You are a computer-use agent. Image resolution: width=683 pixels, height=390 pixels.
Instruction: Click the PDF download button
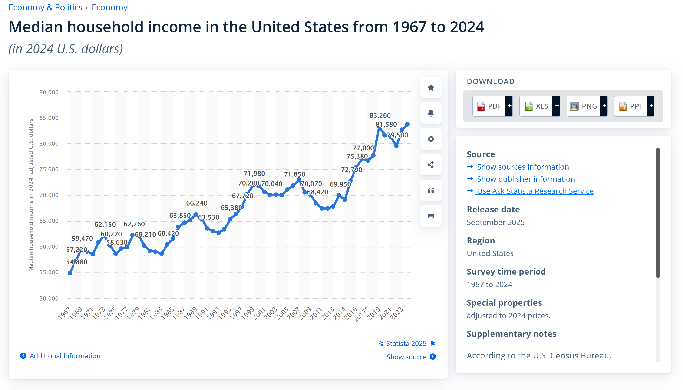tap(492, 106)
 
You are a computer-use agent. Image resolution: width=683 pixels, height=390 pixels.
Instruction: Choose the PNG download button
tap(586, 106)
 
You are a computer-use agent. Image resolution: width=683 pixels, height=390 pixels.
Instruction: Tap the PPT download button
tap(633, 106)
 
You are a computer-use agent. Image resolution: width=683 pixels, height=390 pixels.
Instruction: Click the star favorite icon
tap(430, 88)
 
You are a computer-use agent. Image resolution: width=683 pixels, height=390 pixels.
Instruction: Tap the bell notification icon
tap(430, 113)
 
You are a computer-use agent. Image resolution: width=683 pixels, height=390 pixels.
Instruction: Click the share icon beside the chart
tap(430, 165)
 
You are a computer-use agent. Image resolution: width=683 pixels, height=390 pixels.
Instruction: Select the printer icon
tap(430, 216)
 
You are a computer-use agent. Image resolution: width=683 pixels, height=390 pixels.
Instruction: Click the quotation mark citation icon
tap(430, 190)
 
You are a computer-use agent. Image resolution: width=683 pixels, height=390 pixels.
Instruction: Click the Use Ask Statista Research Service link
tap(535, 191)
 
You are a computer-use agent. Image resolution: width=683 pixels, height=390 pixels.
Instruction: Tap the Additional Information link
tap(65, 356)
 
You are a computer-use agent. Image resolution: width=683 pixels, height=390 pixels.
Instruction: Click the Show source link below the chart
tap(406, 357)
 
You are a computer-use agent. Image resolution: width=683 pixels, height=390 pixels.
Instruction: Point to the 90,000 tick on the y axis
tap(49, 92)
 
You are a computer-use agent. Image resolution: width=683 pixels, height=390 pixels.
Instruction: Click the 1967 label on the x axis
tap(64, 313)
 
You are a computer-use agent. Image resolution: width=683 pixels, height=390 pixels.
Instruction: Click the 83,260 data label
tap(380, 115)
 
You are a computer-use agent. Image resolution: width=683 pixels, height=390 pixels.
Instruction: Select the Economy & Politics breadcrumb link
tap(45, 7)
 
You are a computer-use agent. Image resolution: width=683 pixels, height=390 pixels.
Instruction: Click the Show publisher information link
tap(526, 179)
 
